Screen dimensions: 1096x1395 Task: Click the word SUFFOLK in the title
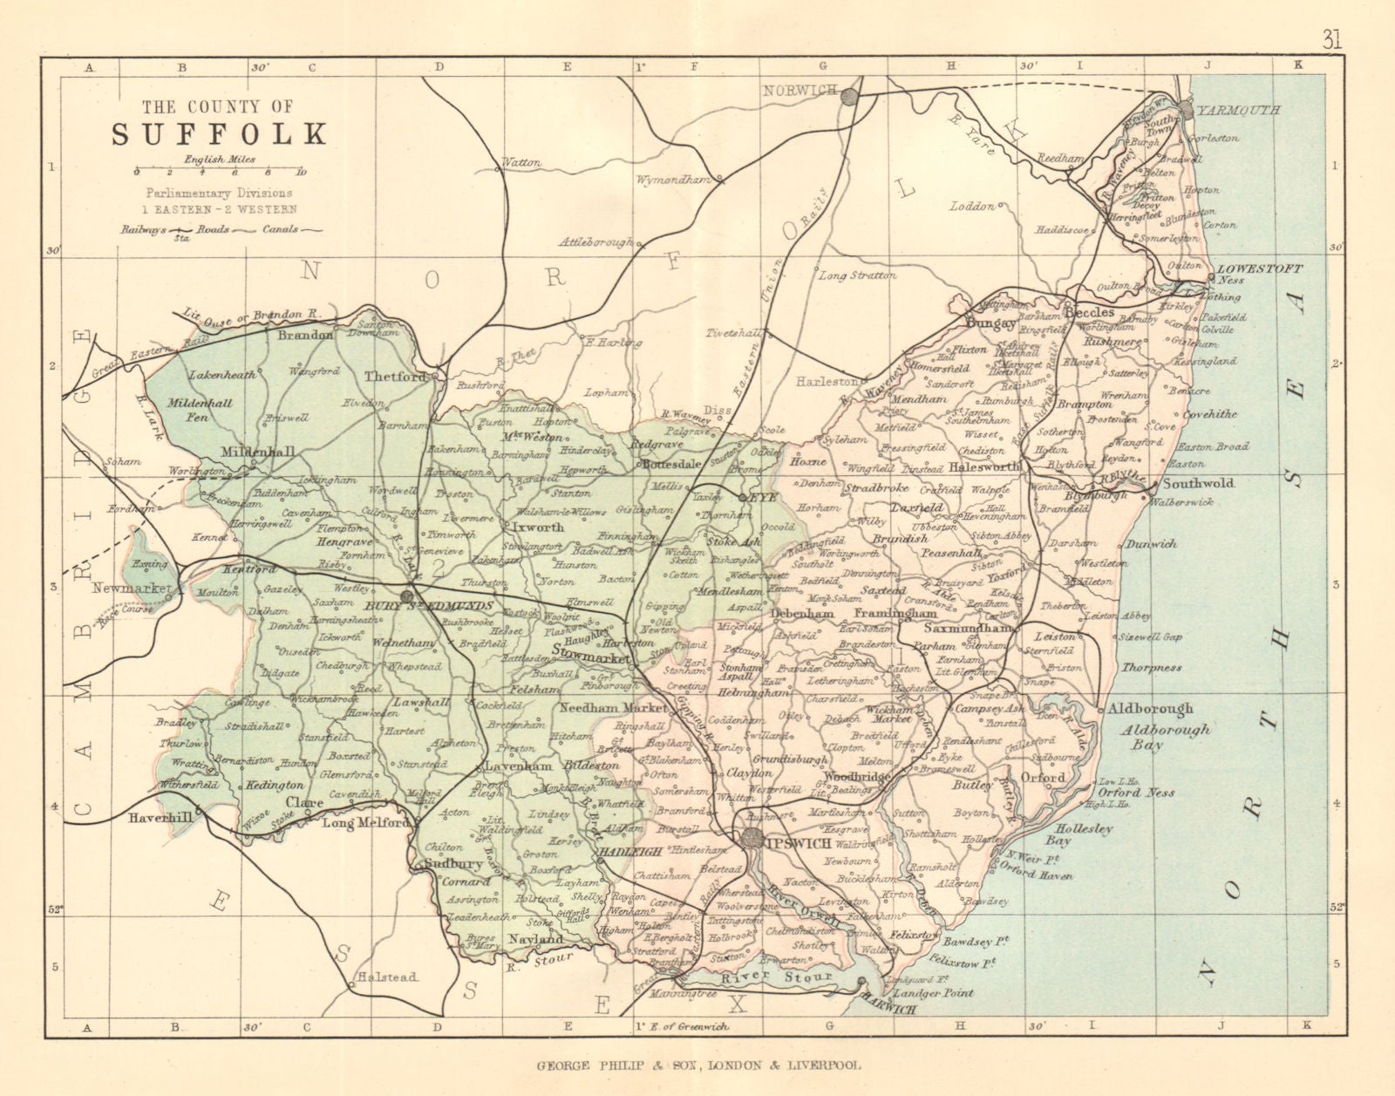pyautogui.click(x=218, y=133)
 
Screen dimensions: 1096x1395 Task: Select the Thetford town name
pyautogui.click(x=394, y=377)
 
